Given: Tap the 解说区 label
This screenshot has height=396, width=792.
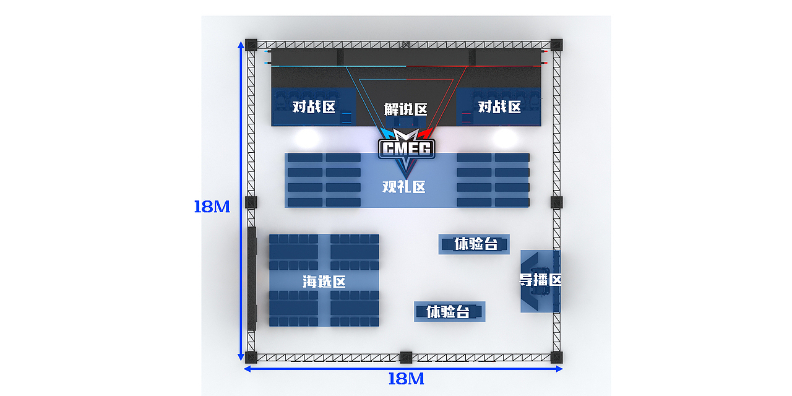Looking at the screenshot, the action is (x=406, y=110).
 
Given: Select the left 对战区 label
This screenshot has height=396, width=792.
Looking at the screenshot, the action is (x=314, y=106).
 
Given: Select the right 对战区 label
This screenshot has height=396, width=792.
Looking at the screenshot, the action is (x=499, y=106).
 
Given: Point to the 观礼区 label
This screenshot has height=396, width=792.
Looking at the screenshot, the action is (x=404, y=187).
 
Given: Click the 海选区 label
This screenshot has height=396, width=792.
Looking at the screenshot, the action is (x=324, y=282).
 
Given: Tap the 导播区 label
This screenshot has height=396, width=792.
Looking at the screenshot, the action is (x=540, y=280).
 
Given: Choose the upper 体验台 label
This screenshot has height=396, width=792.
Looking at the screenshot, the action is (x=476, y=244).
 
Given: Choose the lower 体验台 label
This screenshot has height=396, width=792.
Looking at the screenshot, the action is (x=448, y=312).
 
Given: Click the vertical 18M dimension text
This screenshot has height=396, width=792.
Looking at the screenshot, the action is (x=212, y=207).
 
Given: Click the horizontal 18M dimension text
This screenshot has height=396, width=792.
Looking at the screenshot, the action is (x=407, y=379).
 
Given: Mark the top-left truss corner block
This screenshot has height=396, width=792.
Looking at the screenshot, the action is (x=251, y=45).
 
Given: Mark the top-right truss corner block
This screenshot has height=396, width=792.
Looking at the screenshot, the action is (x=556, y=45).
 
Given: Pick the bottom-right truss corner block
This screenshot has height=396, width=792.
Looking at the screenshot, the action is (x=556, y=357).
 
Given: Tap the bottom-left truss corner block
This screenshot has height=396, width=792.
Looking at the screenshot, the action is (x=251, y=357).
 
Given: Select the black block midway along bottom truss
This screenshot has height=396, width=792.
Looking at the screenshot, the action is (x=406, y=357).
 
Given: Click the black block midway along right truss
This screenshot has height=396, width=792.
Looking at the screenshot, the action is (x=556, y=202).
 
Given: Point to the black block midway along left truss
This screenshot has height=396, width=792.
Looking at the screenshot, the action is (x=251, y=202).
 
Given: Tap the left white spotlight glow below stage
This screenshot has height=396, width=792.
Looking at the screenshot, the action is (x=307, y=138).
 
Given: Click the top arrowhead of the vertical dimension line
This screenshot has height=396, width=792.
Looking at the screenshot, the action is (x=241, y=45).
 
